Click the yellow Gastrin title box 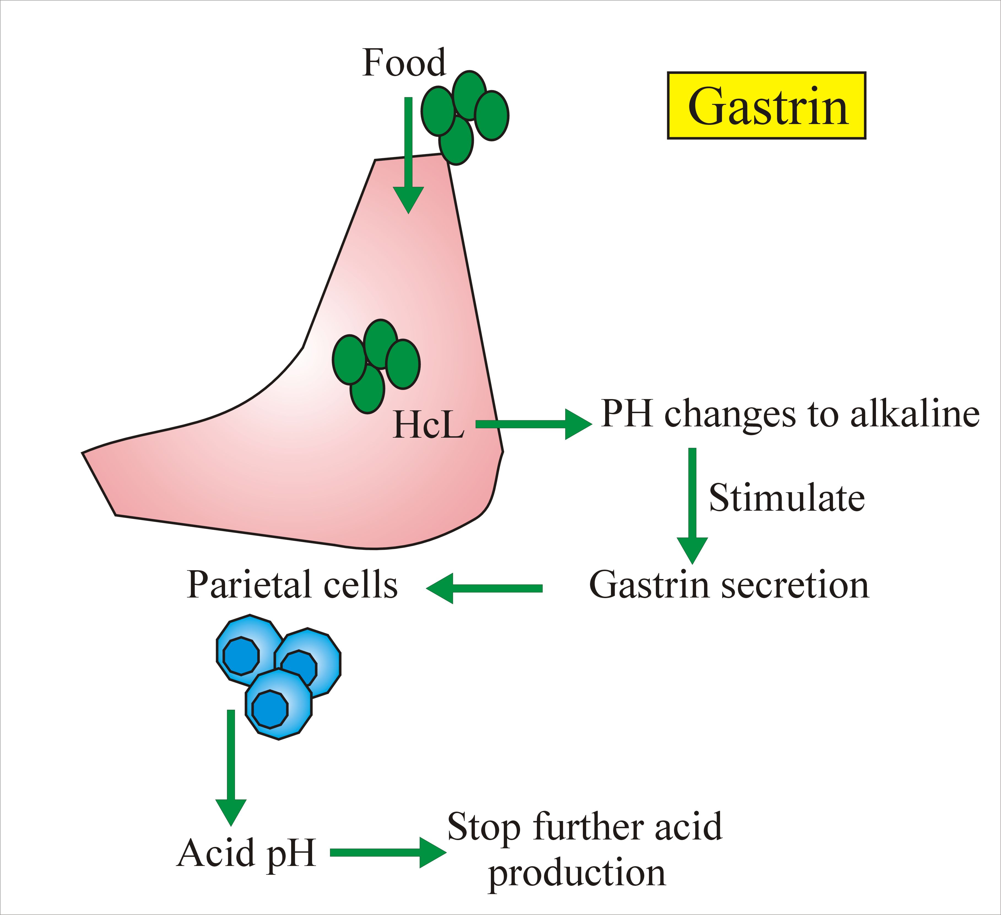click(x=766, y=105)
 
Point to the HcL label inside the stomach click(x=428, y=426)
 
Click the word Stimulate click(x=786, y=498)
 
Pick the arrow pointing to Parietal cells click(x=484, y=588)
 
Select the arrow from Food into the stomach click(x=408, y=154)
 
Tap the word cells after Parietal click(x=361, y=585)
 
